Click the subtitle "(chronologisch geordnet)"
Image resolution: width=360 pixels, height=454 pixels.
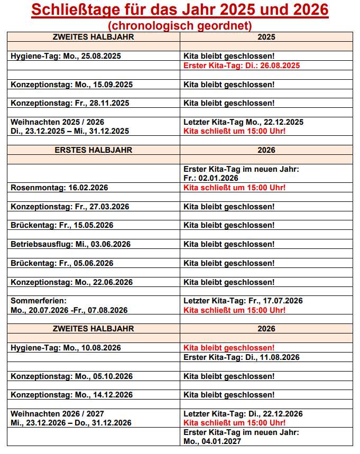180,25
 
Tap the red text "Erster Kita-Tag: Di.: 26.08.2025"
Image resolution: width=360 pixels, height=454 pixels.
242,66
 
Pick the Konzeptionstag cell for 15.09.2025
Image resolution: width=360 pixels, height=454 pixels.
71,85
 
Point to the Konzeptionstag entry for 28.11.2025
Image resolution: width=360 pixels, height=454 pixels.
70,103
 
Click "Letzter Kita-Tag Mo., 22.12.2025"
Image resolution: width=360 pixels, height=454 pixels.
243,122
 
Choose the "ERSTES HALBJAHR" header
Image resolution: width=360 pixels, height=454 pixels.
94,150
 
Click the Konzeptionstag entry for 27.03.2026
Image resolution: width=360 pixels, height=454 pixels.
70,207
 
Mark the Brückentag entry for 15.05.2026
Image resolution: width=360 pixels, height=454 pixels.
62,225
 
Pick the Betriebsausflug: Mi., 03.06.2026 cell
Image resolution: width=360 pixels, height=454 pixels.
70,244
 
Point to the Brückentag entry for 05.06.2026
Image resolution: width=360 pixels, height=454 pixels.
62,263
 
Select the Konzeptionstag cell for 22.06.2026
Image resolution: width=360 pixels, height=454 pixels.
71,282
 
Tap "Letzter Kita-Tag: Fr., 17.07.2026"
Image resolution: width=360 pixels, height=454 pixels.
243,301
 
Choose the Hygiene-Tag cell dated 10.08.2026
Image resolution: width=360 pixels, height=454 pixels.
66,348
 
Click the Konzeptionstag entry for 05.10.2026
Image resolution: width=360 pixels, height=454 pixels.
71,376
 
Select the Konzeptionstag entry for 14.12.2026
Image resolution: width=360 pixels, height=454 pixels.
71,395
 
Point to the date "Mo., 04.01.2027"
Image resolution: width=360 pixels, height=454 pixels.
212,441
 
